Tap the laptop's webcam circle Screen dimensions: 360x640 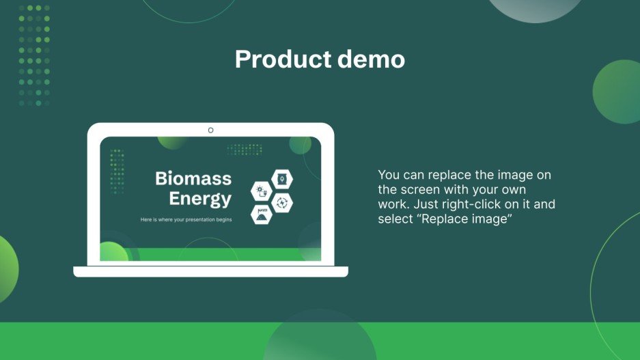(x=210, y=130)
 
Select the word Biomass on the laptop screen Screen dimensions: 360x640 (x=193, y=179)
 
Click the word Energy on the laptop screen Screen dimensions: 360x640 (x=200, y=199)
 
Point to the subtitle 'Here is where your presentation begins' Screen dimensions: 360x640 (x=186, y=220)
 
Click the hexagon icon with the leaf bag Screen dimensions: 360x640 (x=282, y=180)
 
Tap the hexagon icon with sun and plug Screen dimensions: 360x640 (x=262, y=191)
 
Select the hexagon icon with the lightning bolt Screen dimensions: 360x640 (x=282, y=202)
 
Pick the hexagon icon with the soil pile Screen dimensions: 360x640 (x=262, y=214)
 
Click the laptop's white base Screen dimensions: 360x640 (x=210, y=271)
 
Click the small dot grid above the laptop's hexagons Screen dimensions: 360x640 (x=245, y=149)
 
